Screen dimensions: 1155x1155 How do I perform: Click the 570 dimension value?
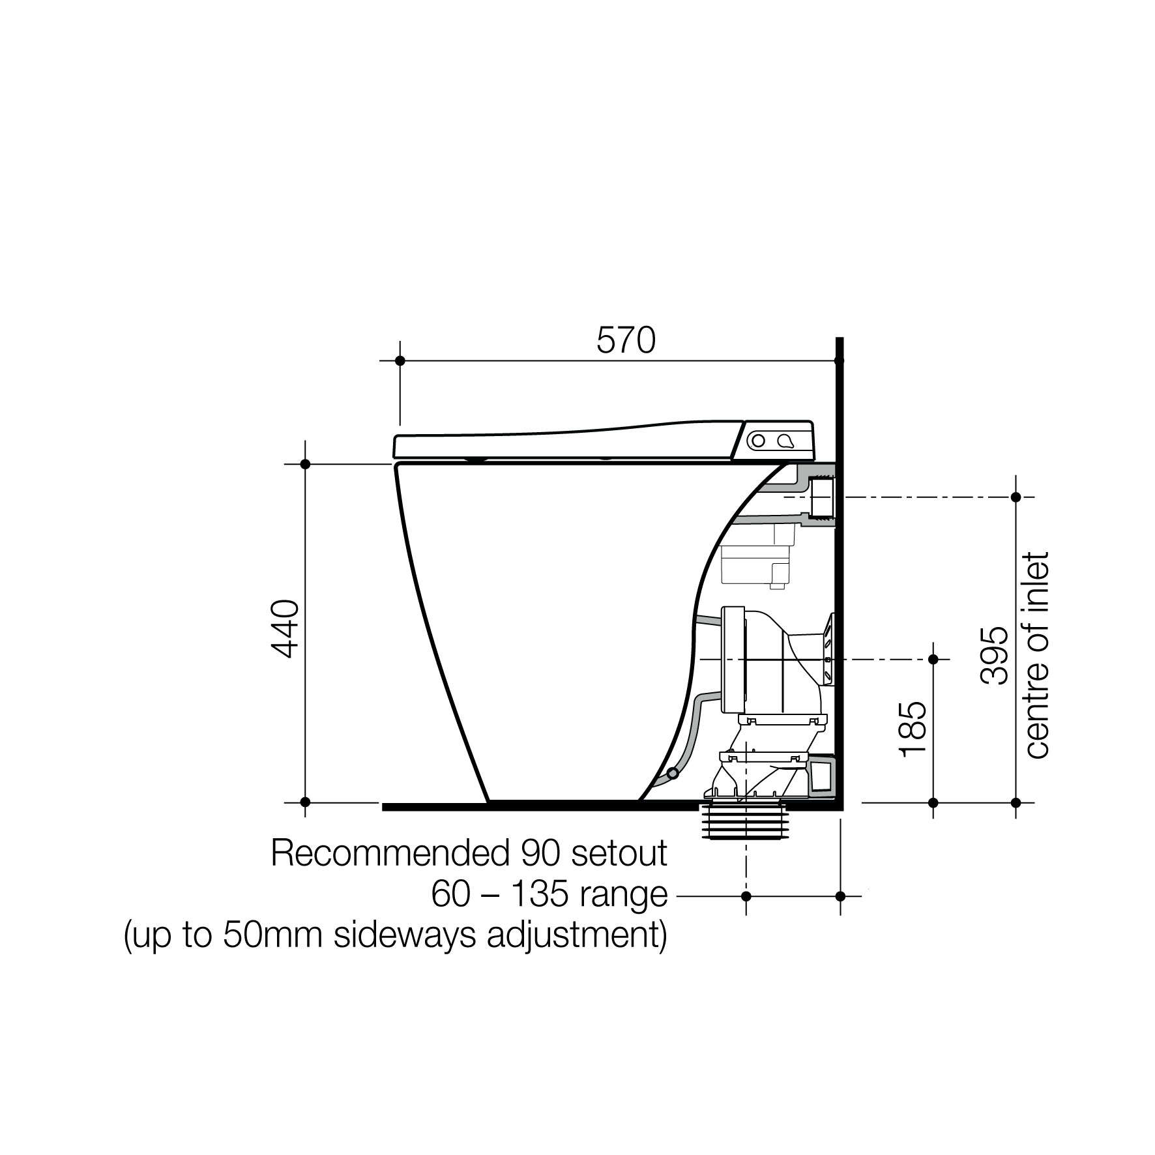click(626, 341)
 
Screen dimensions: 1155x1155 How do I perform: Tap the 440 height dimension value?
click(285, 629)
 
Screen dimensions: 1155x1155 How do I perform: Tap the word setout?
click(619, 853)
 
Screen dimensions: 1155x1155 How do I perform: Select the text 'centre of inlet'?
click(1037, 655)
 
